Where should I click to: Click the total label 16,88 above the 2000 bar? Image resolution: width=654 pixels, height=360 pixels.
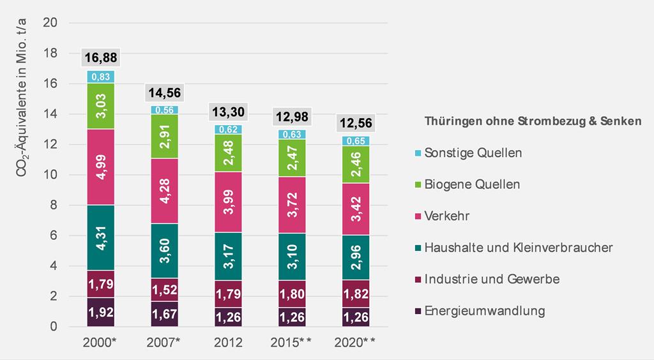point(101,57)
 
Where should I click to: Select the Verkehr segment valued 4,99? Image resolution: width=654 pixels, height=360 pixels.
point(101,167)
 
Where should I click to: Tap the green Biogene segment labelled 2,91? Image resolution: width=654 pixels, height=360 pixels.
point(165,136)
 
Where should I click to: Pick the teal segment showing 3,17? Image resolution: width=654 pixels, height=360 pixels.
point(228,256)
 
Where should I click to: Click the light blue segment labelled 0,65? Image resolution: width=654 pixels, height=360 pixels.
point(356,141)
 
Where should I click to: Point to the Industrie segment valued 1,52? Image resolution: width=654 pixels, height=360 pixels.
point(165,290)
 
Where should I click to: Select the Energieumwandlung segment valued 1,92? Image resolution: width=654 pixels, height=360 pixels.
point(101,312)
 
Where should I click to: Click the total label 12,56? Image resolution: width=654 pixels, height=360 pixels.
point(356,123)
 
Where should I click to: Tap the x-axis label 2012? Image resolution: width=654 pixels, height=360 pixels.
point(228,343)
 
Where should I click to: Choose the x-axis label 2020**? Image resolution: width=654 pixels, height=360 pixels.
point(355,343)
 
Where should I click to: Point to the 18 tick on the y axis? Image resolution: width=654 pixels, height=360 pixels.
point(50,53)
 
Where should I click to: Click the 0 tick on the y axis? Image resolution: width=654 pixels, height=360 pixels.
point(54,327)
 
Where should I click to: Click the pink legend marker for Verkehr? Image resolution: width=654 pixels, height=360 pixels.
point(418,216)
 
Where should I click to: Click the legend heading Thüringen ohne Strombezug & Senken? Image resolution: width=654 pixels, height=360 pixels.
point(533,121)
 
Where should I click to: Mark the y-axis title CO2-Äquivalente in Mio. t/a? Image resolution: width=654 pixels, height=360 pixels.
point(21,98)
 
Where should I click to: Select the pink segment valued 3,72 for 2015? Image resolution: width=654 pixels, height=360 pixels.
point(292,205)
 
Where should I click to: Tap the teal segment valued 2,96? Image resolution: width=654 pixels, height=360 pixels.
point(356,257)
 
